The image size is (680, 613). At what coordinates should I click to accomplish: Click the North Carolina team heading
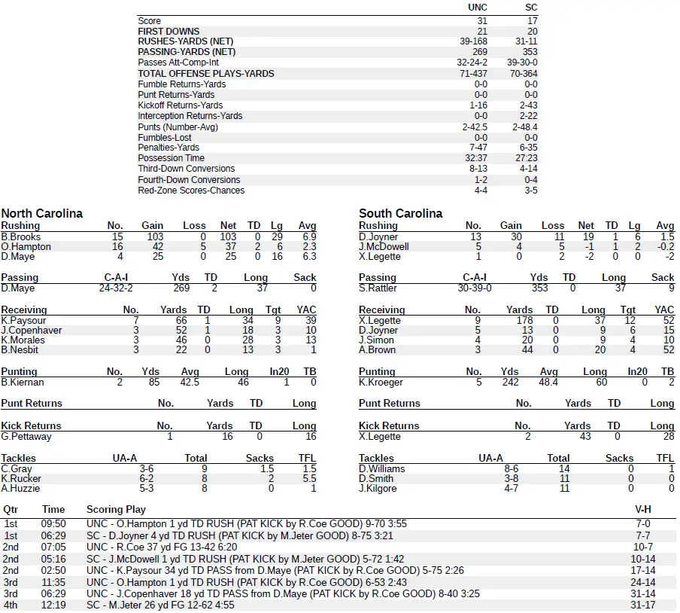tap(42, 214)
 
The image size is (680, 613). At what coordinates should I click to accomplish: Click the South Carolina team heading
tap(401, 214)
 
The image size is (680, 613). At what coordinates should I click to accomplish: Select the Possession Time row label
tap(171, 158)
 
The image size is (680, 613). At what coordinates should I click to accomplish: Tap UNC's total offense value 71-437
tap(477, 74)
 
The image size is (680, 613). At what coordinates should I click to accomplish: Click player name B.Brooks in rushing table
tap(21, 236)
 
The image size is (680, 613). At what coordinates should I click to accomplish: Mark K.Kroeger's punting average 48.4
tap(549, 383)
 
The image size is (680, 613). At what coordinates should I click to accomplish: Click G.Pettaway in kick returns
tap(26, 436)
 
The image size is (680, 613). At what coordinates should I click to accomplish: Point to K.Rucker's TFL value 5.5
tap(308, 478)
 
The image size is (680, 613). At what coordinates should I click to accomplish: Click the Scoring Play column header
tap(116, 509)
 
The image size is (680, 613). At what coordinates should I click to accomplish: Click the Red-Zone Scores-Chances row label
tap(191, 191)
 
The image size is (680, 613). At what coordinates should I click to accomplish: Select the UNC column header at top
tap(477, 8)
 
